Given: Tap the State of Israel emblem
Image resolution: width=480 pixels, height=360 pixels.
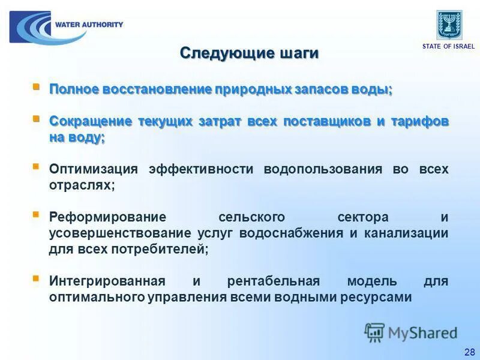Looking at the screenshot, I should pyautogui.click(x=449, y=25).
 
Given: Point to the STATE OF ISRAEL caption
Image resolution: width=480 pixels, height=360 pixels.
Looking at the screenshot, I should pyautogui.click(x=448, y=46).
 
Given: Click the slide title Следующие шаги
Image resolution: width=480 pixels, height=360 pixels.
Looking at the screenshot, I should pyautogui.click(x=249, y=53).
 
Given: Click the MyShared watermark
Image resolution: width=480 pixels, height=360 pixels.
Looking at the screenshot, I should pyautogui.click(x=411, y=332).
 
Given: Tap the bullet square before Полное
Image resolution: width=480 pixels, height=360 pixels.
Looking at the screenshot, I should pyautogui.click(x=36, y=87).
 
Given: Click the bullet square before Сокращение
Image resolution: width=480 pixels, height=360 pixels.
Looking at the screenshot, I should pyautogui.click(x=36, y=118).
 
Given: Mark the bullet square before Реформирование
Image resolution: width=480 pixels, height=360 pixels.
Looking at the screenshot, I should pyautogui.click(x=36, y=214).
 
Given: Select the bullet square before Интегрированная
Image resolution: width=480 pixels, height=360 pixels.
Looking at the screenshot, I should pyautogui.click(x=36, y=278).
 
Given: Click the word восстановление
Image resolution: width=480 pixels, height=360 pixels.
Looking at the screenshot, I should pyautogui.click(x=157, y=90).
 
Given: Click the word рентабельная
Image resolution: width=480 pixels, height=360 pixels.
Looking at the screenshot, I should pyautogui.click(x=273, y=281).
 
